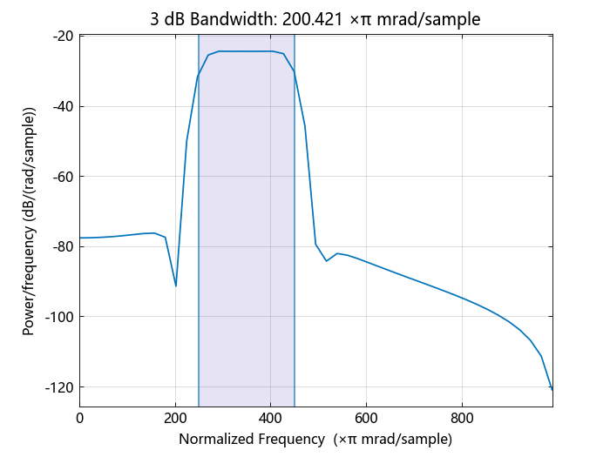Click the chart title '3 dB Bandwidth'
click(209, 18)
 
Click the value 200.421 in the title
click(312, 18)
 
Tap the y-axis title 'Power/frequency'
click(30, 221)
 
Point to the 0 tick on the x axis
click(80, 417)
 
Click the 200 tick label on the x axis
click(175, 417)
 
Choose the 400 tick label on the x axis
click(270, 417)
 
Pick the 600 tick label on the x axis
click(366, 417)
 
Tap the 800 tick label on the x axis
click(461, 417)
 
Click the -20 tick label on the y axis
click(62, 37)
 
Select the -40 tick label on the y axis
click(62, 106)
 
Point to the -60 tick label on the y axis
click(62, 177)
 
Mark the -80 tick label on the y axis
click(62, 246)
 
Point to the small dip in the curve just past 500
click(327, 260)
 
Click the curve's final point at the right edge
click(552, 388)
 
